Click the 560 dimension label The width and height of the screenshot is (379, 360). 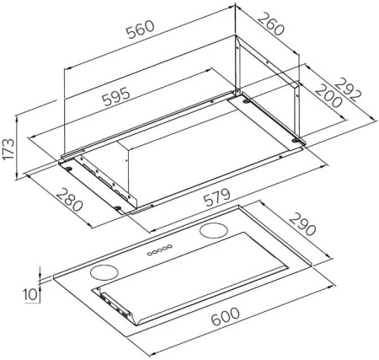point(141,29)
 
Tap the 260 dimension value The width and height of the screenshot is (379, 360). point(270,24)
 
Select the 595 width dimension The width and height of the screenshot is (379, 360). point(116,96)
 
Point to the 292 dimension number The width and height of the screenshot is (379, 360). point(346,89)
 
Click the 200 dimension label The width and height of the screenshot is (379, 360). point(328,95)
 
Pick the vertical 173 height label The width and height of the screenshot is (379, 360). point(8,149)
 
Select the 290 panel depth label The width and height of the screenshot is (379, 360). point(302,224)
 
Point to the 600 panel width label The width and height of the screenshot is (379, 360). point(226,316)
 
